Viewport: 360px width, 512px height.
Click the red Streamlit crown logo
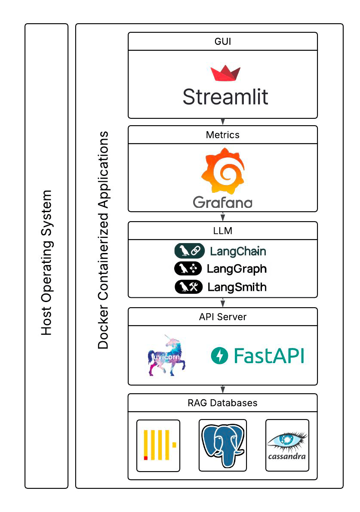[225, 73]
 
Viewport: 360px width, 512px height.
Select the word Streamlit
[225, 96]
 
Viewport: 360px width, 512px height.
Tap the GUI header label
[222, 42]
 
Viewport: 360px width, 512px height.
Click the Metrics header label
[222, 135]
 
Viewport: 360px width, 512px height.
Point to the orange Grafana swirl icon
[222, 171]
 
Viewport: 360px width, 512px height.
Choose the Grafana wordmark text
[222, 202]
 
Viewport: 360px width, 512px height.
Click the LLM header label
[222, 231]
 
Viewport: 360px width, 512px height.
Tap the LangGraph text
[237, 269]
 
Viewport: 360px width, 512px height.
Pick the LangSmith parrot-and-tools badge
[188, 287]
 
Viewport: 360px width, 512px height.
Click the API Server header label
[222, 317]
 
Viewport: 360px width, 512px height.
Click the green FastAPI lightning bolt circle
[219, 356]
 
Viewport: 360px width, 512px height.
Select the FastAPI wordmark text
[269, 356]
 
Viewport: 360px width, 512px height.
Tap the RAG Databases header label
[222, 403]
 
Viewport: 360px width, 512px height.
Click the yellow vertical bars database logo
[158, 445]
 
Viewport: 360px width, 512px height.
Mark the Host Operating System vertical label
[46, 262]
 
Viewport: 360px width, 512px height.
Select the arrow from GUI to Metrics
[223, 122]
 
